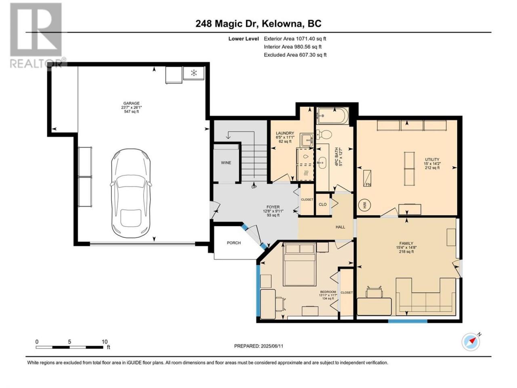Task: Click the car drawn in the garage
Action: pyautogui.click(x=130, y=193)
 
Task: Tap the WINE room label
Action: pyautogui.click(x=226, y=162)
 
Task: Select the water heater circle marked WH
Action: pyautogui.click(x=365, y=205)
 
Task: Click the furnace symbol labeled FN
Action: pyautogui.click(x=368, y=178)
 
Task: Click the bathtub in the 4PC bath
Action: pyautogui.click(x=332, y=116)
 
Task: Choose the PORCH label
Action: pyautogui.click(x=233, y=242)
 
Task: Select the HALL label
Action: pyautogui.click(x=340, y=227)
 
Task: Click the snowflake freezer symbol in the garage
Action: pyautogui.click(x=193, y=73)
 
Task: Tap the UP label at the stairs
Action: pyautogui.click(x=254, y=187)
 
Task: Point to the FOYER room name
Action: pyautogui.click(x=273, y=207)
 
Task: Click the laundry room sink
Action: pyautogui.click(x=307, y=140)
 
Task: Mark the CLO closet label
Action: pyautogui.click(x=322, y=204)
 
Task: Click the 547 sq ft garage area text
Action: pyautogui.click(x=131, y=112)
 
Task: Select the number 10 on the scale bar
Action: pyautogui.click(x=105, y=342)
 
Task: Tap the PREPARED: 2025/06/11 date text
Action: pyautogui.click(x=258, y=346)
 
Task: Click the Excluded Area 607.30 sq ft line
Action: pyautogui.click(x=295, y=55)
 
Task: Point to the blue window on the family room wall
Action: pyautogui.click(x=408, y=321)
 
